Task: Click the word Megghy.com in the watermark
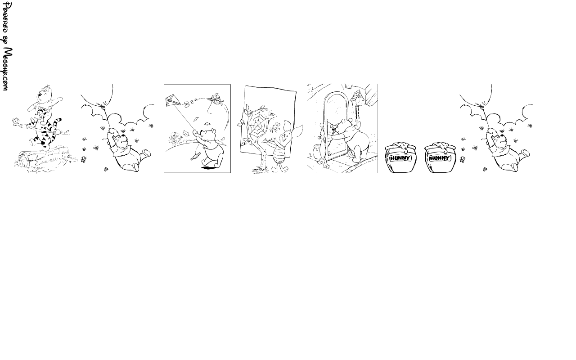pyautogui.click(x=8, y=69)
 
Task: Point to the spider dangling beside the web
pyautogui.click(x=277, y=126)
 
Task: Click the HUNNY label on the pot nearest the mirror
pyautogui.click(x=400, y=158)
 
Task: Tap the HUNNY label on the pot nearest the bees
pyautogui.click(x=440, y=158)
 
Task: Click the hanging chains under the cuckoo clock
pyautogui.click(x=357, y=112)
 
